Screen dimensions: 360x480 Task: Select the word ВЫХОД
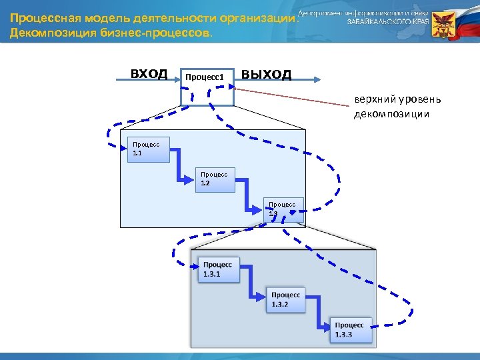pos(266,74)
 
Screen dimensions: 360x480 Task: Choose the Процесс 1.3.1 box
pos(218,269)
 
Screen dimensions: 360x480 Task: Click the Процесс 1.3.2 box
pos(286,299)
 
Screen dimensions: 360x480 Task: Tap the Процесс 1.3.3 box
pos(350,329)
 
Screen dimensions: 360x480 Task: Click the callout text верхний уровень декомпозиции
pos(397,107)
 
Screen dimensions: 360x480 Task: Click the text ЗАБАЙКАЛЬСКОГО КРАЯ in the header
pos(387,21)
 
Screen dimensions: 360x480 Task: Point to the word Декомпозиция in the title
pos(47,32)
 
